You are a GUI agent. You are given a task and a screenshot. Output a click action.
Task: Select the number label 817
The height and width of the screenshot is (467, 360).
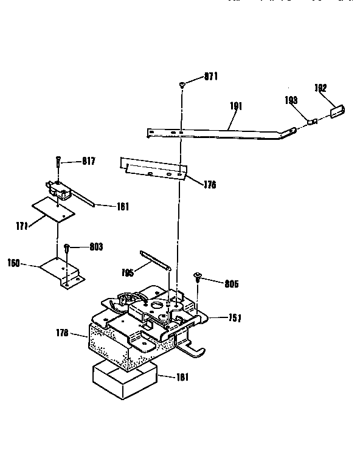[89, 161]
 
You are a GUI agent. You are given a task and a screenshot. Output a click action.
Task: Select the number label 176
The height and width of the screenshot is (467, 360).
[210, 185]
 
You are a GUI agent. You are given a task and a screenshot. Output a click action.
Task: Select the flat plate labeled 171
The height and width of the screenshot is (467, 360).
[54, 209]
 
